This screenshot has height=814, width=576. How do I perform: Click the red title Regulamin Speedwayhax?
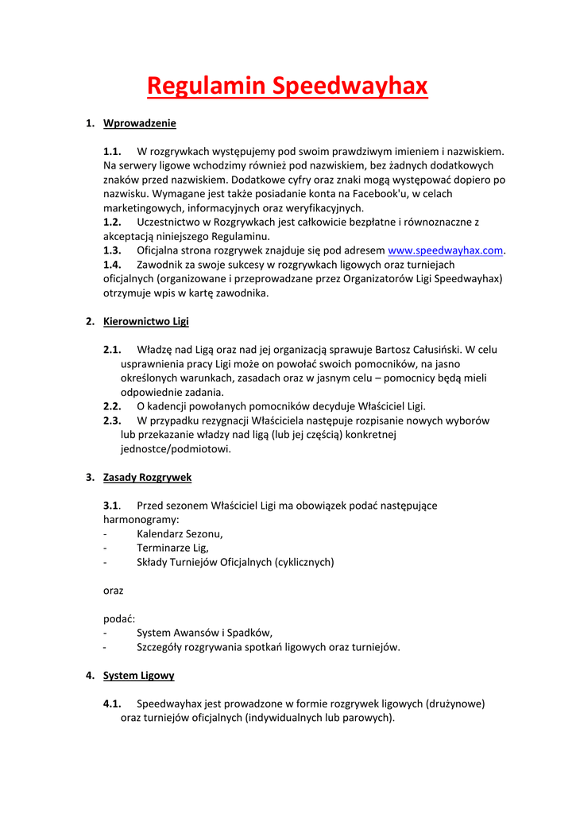click(287, 85)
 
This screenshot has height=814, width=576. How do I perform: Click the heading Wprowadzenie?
click(140, 123)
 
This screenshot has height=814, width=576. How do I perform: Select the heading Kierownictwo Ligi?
click(146, 321)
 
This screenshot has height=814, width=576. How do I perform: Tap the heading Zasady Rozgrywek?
click(147, 477)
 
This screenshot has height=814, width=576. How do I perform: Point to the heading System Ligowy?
click(139, 675)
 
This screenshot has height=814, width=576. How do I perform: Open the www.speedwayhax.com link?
click(445, 250)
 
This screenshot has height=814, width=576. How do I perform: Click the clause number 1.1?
click(112, 151)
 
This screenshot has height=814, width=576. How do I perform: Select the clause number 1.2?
click(112, 222)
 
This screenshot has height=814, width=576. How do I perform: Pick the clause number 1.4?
click(112, 265)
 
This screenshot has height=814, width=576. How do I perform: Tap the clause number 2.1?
click(112, 349)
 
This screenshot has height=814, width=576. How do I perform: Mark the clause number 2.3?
click(112, 421)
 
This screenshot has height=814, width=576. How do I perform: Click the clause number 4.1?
click(112, 704)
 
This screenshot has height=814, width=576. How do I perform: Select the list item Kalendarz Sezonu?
click(180, 533)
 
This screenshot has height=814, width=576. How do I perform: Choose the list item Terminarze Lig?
click(172, 548)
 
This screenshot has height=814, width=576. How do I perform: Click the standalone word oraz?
click(114, 591)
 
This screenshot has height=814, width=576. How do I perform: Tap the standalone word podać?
click(119, 618)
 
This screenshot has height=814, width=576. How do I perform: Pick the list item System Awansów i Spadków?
click(204, 633)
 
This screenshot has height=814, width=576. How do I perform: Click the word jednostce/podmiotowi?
click(176, 449)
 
